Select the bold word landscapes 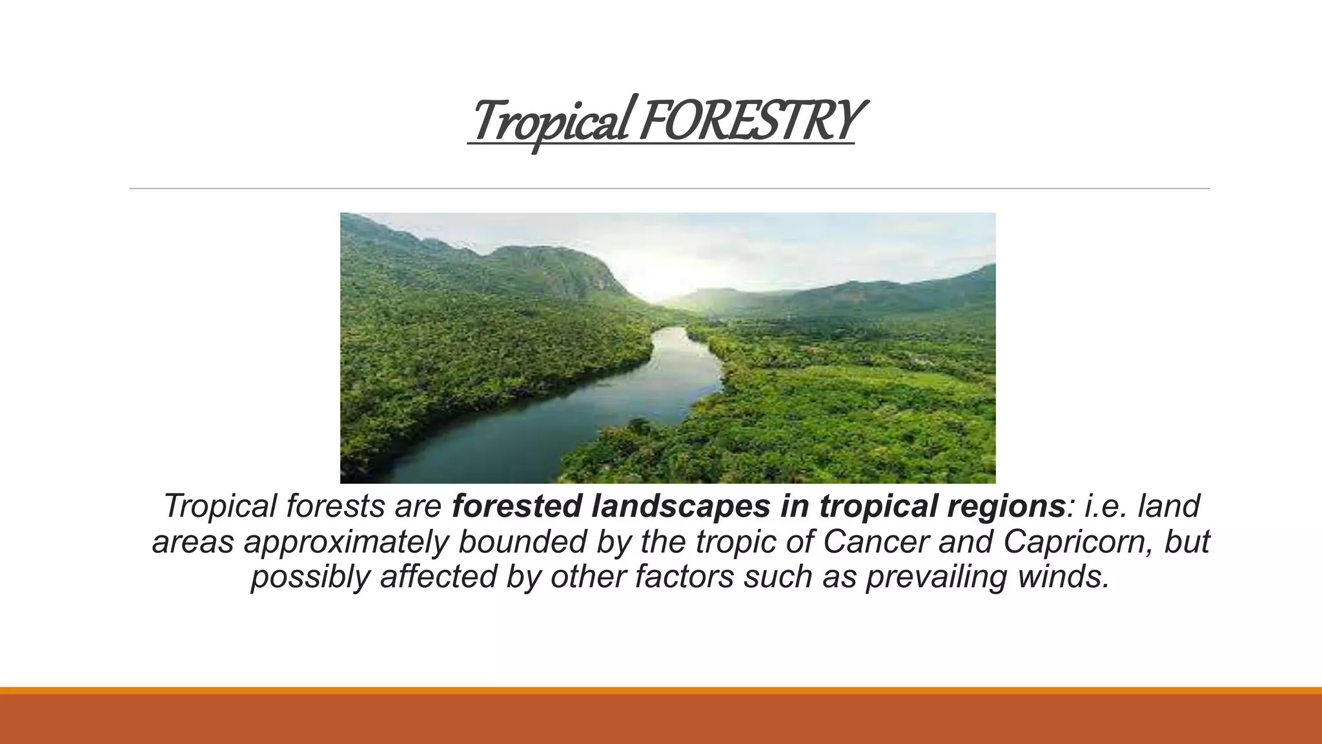click(x=680, y=506)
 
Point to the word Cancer click(x=875, y=541)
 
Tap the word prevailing click(x=936, y=577)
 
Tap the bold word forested click(x=516, y=506)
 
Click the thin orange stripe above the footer click(x=661, y=690)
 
